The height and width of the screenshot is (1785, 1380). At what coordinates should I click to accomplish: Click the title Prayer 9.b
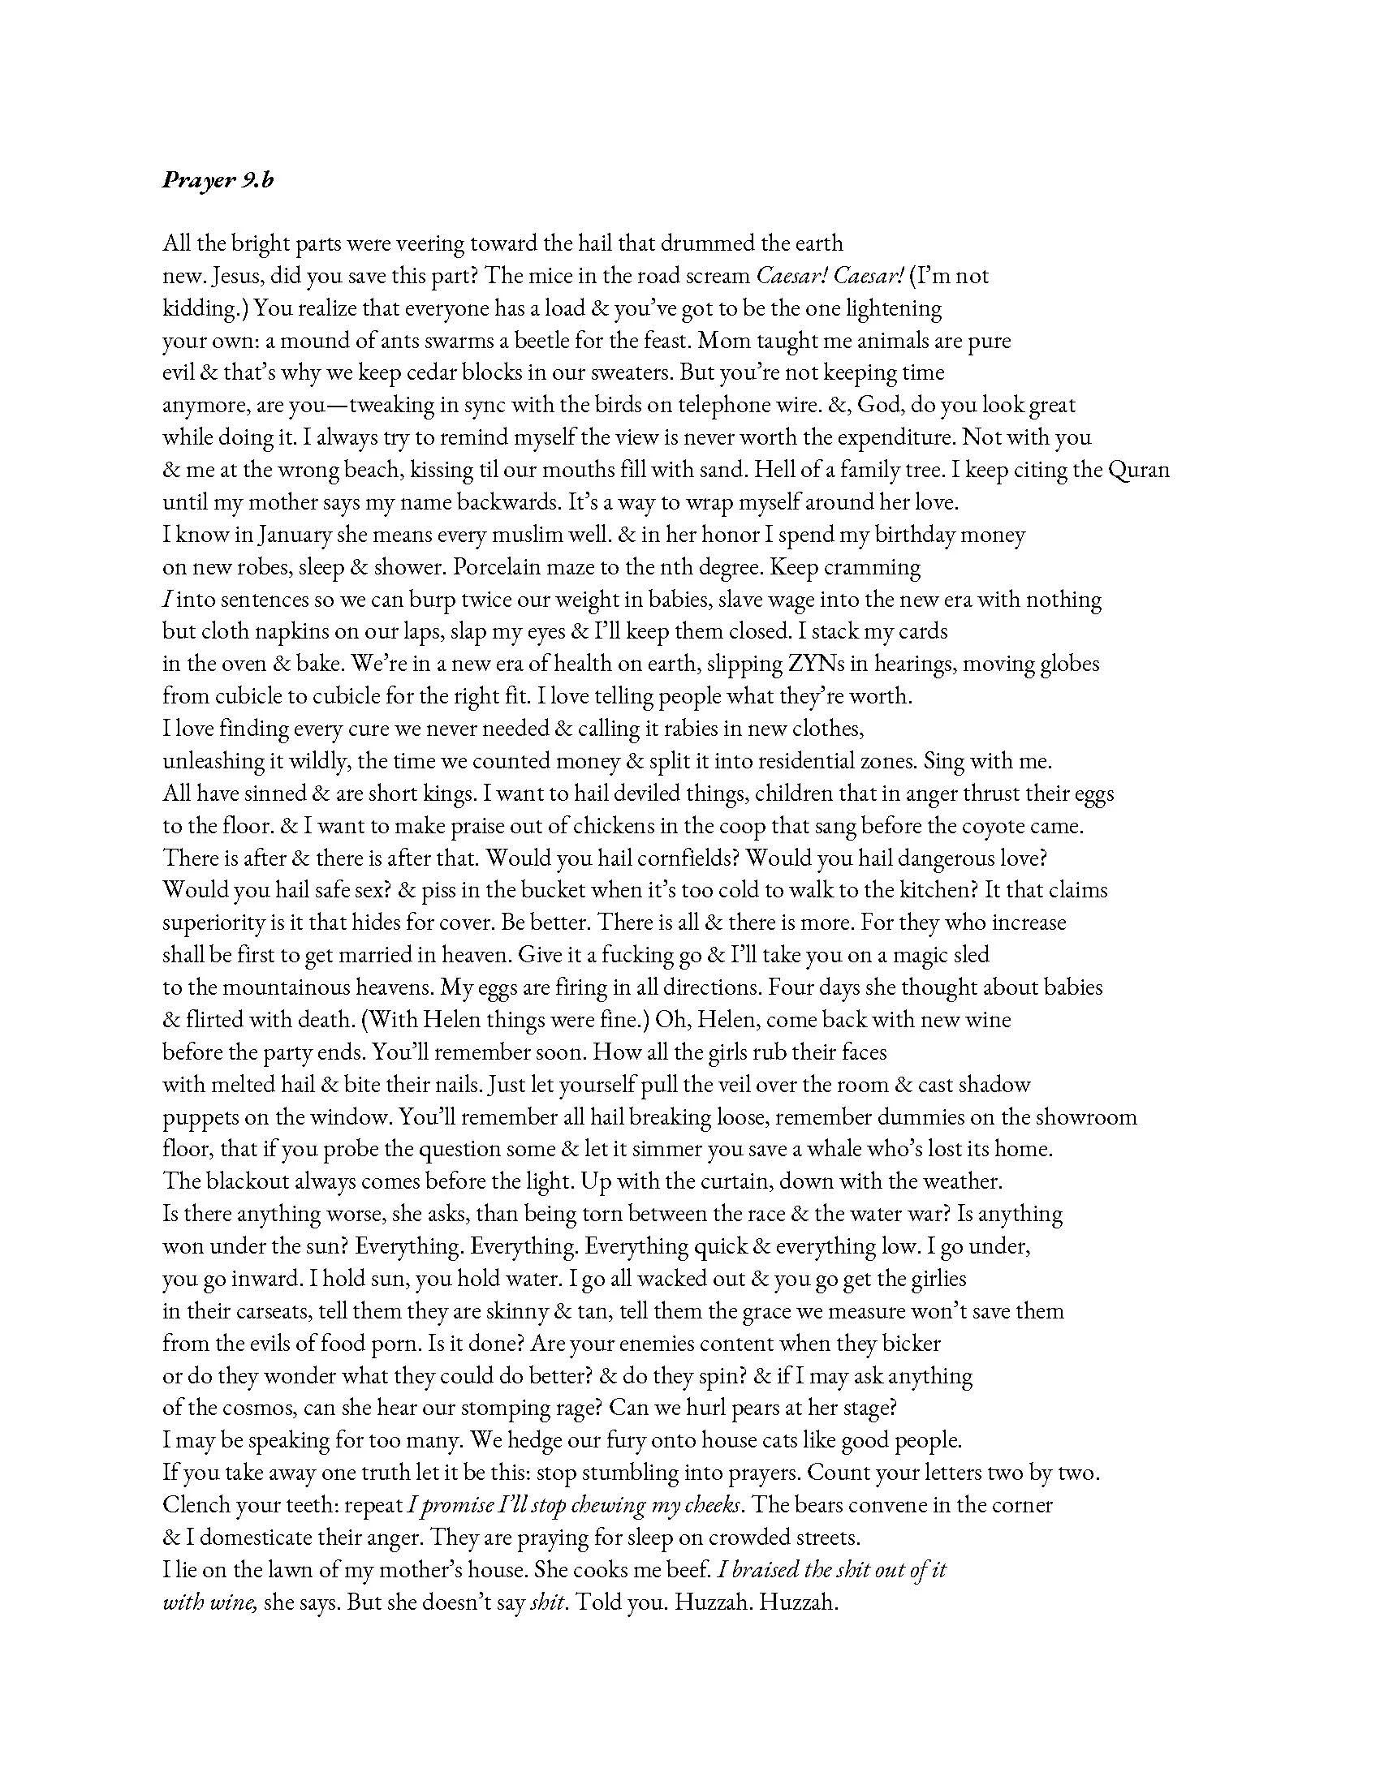tap(218, 180)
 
